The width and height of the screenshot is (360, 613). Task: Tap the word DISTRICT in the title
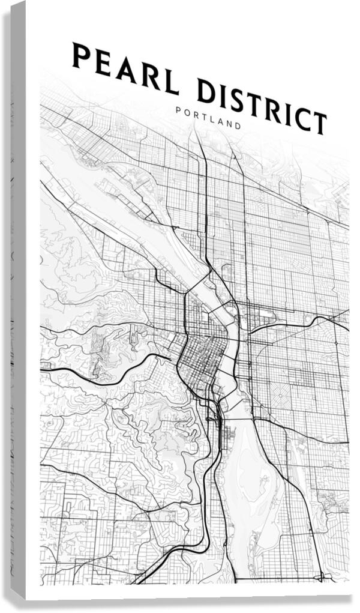tap(262, 106)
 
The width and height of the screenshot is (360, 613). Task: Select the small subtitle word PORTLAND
tap(208, 118)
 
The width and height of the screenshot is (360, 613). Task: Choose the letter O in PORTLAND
tap(186, 112)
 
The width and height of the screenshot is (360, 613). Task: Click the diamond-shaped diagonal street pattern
tap(281, 397)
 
